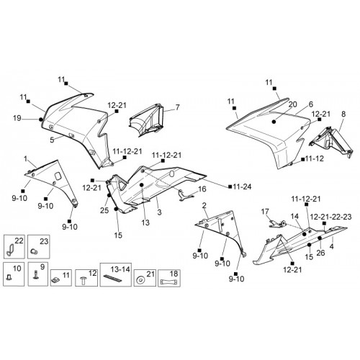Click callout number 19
[x=17, y=118]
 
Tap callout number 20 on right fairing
[x=292, y=104]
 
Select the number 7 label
[x=177, y=107]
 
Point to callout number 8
[x=343, y=114]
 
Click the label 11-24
[x=242, y=186]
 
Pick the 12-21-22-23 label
[x=330, y=217]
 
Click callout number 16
[x=202, y=189]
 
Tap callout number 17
[x=265, y=212]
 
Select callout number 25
[x=104, y=210]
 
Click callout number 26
[x=320, y=253]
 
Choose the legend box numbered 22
[x=14, y=247]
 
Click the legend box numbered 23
[x=39, y=247]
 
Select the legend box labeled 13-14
[x=116, y=274]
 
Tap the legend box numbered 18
[x=169, y=278]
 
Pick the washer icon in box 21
[x=139, y=280]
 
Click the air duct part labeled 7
[x=146, y=120]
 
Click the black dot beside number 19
[x=41, y=120]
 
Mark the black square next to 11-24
[x=230, y=186]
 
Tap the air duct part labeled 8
[x=330, y=142]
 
